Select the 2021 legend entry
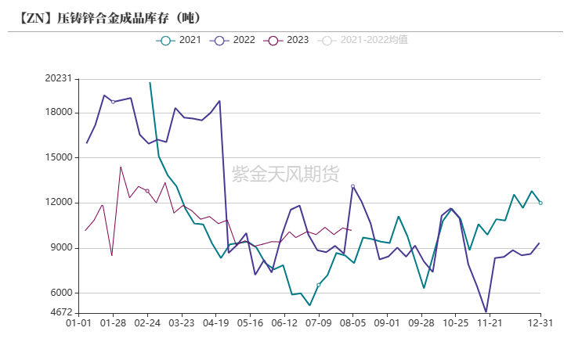pos(179,40)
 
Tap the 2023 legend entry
pos(287,40)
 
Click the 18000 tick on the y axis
pos(58,112)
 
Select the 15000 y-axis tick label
pos(58,157)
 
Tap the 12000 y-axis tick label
pos(58,203)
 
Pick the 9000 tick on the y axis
pos(60,248)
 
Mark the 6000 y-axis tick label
pos(60,293)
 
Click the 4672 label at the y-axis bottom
pos(60,313)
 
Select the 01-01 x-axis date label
pos(79,322)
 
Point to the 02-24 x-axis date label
pos(147,322)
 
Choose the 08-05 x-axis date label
pos(353,322)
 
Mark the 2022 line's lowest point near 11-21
pos(486,311)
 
